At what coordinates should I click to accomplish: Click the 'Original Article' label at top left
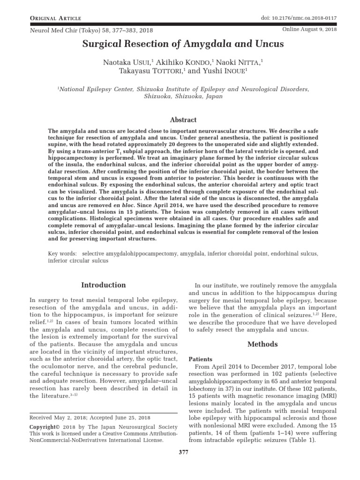coord(56,18)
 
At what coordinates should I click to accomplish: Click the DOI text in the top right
coord(299,18)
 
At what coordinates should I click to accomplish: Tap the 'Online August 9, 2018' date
coord(310,29)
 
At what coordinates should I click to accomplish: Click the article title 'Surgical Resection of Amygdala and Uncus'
coord(183,45)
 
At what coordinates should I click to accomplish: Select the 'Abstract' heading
coord(183,120)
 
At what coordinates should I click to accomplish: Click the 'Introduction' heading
coord(104,285)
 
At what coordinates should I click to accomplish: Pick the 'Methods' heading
coord(262,344)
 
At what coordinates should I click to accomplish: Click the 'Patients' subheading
coord(200,359)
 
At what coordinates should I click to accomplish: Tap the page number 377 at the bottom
coord(183,465)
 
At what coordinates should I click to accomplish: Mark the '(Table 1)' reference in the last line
coord(304,440)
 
